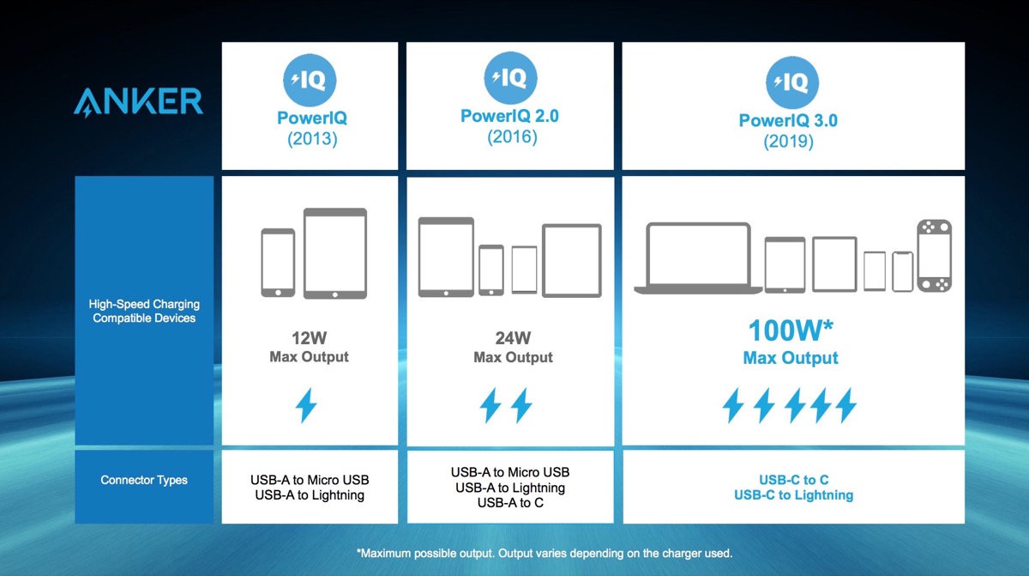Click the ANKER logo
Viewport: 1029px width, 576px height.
(x=137, y=101)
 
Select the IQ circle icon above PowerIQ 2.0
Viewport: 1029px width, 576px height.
(x=509, y=78)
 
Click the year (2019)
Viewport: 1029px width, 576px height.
(x=788, y=142)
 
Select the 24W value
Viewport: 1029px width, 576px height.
(x=513, y=338)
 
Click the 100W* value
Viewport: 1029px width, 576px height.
(x=791, y=331)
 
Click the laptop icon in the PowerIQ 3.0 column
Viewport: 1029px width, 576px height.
(x=698, y=257)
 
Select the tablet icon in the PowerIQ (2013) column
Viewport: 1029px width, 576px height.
(x=335, y=253)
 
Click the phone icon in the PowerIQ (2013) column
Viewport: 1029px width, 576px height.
(x=278, y=263)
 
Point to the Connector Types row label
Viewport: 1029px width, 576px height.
(x=144, y=480)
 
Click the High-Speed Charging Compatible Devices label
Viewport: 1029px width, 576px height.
(x=144, y=312)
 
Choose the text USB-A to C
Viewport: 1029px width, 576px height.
(x=510, y=503)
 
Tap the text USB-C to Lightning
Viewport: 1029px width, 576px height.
(x=793, y=495)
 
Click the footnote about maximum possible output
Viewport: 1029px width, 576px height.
(x=544, y=553)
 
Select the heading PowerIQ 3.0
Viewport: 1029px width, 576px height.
(x=788, y=121)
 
